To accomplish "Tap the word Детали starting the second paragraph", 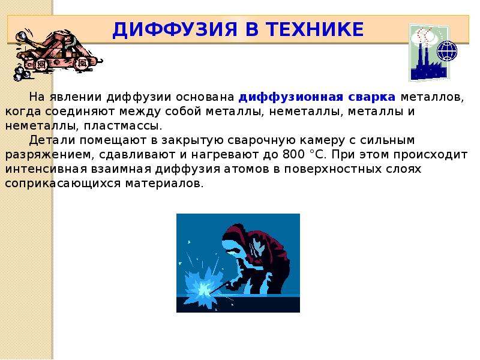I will click(x=49, y=140).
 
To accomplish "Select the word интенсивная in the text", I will click(x=44, y=169).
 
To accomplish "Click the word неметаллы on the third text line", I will click(x=37, y=126).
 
